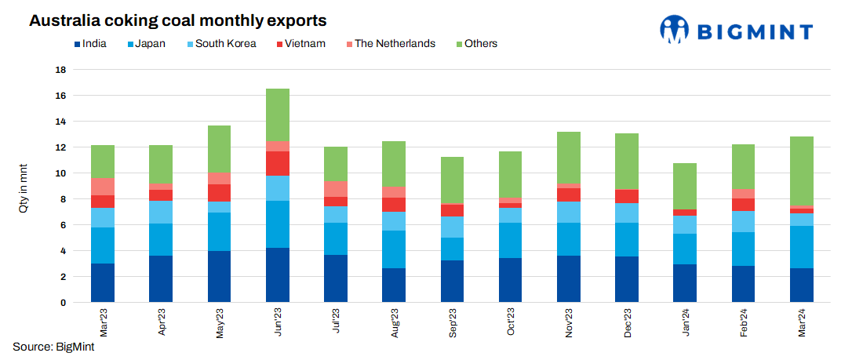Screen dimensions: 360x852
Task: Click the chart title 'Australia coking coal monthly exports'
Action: (177, 20)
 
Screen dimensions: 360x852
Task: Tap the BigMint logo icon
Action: (675, 30)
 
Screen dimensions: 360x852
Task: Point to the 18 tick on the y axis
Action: (60, 70)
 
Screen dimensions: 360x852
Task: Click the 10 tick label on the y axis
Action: (60, 173)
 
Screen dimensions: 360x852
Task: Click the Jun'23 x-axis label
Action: (278, 322)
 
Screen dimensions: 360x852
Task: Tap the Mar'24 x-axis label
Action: (802, 322)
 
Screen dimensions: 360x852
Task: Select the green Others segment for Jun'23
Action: (278, 115)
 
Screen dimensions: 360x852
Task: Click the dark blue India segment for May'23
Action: (219, 276)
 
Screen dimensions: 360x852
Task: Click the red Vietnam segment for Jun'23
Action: (278, 163)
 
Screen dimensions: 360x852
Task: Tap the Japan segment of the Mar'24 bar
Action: (802, 247)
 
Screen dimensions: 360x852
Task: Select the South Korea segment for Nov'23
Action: (569, 212)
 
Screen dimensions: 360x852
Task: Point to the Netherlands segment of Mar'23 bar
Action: (103, 187)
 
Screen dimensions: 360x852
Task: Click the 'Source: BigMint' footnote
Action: (49, 346)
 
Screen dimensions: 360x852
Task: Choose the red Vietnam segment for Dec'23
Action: (627, 196)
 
